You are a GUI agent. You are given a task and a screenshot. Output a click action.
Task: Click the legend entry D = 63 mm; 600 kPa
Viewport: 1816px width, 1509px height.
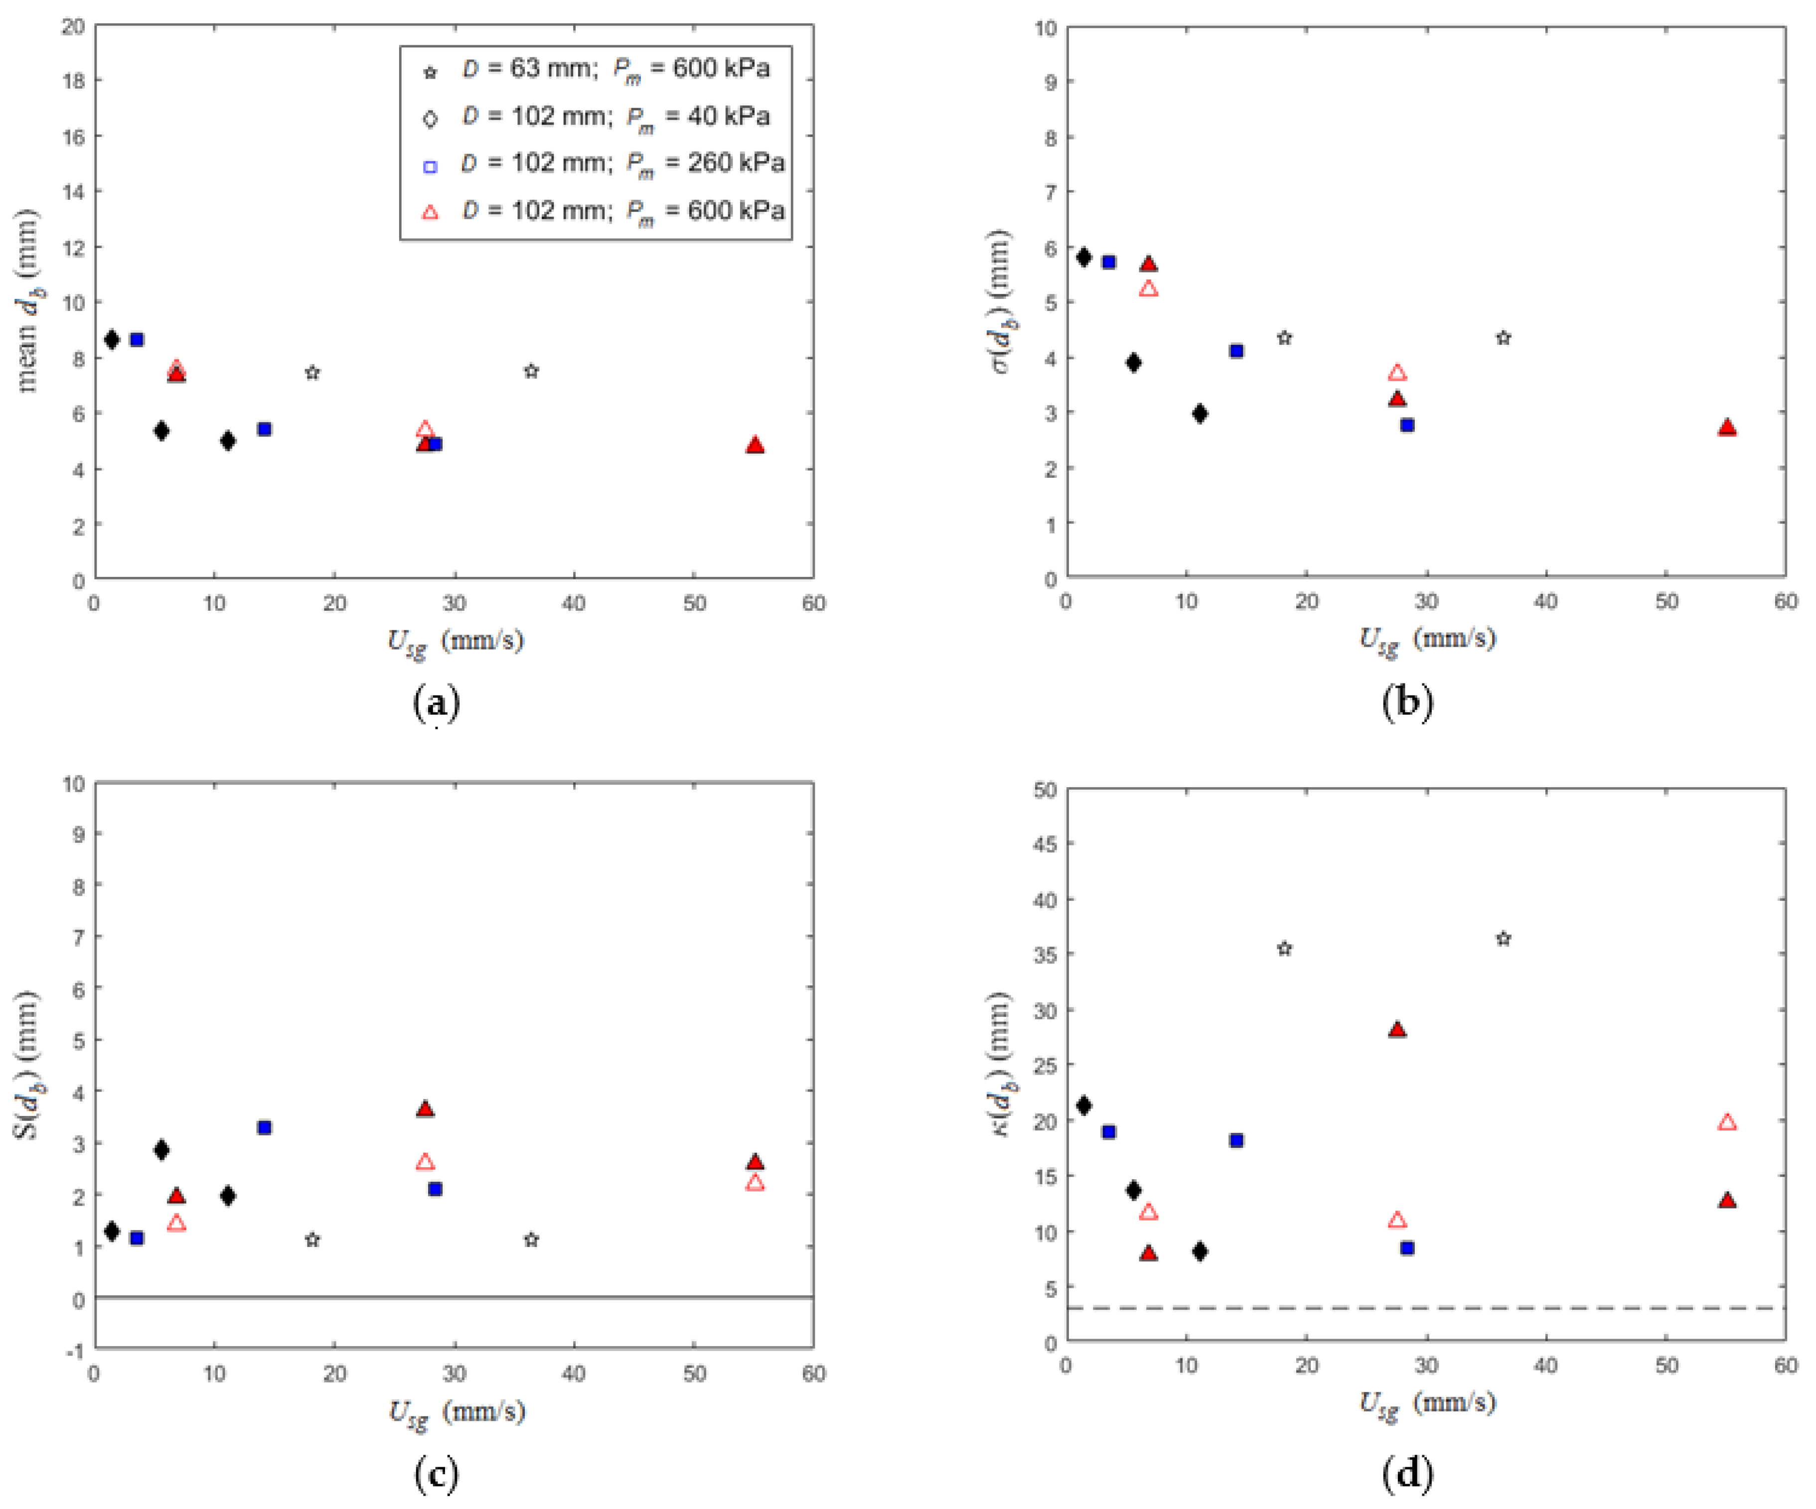(597, 69)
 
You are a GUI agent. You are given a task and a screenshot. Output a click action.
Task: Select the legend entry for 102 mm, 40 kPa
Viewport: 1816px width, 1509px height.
(597, 117)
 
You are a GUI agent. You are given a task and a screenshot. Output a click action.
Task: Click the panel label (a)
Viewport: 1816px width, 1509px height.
(436, 702)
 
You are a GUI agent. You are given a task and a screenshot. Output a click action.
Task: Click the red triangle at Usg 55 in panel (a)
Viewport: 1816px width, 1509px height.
(755, 445)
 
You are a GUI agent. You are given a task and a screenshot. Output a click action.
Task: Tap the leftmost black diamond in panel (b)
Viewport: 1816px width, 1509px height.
(1083, 258)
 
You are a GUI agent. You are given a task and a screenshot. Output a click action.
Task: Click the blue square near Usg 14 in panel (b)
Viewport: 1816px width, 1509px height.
(1236, 351)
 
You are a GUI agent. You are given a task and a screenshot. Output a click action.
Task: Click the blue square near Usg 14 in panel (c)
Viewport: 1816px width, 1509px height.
(265, 1128)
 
